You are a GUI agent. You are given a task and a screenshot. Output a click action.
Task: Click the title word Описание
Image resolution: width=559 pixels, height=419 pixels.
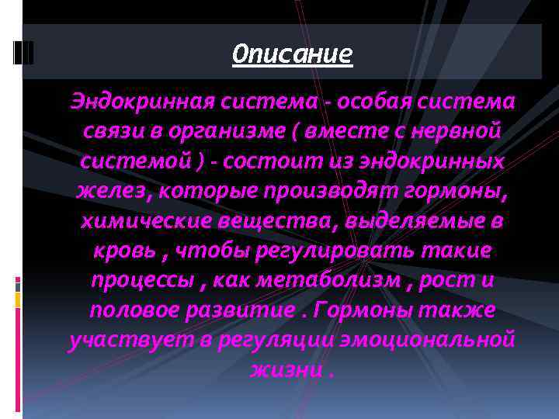292,54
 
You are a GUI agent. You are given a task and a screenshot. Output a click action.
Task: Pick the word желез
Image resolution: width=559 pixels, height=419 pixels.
106,191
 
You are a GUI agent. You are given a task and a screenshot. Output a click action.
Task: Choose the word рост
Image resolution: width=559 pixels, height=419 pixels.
446,280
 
